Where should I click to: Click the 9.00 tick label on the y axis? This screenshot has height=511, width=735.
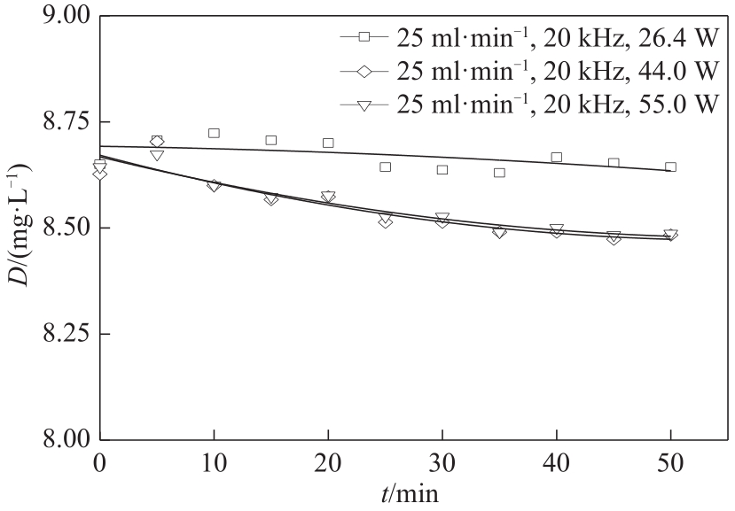coord(59,17)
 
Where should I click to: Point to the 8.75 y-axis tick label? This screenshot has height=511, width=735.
coord(59,122)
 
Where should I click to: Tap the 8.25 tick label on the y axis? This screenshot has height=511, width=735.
coord(59,334)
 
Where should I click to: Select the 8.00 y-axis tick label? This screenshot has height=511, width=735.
coord(59,440)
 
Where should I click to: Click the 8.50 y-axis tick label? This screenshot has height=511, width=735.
coord(59,228)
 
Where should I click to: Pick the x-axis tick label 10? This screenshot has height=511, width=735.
coord(214,463)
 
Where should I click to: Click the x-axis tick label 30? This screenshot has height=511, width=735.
coord(442,463)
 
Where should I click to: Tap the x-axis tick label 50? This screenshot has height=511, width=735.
coord(671,463)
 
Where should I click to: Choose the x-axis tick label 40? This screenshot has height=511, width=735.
coord(557,463)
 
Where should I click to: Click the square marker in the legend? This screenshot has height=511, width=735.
coord(364,38)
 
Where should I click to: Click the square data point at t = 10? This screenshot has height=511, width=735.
coord(214,133)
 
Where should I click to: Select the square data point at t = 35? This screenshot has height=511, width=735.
coord(499,172)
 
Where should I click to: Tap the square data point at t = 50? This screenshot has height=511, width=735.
coord(670,166)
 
